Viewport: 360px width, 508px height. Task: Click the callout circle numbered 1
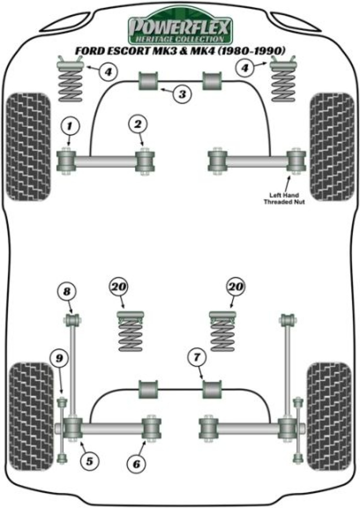tap(70, 126)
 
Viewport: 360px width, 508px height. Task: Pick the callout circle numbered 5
tap(89, 461)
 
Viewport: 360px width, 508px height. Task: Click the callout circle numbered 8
tap(68, 290)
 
